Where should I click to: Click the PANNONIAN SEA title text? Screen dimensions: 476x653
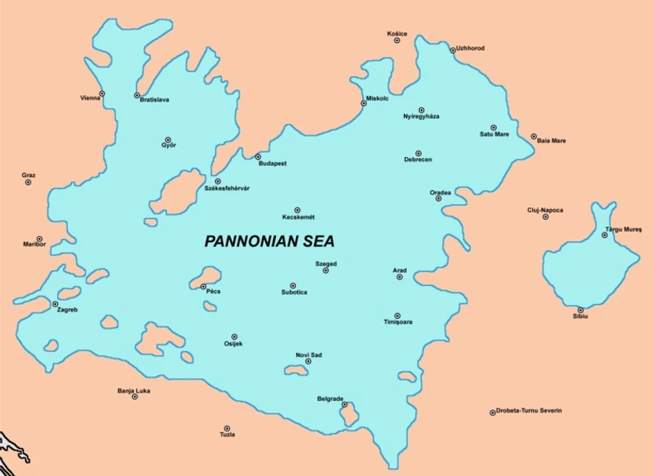[x=269, y=241]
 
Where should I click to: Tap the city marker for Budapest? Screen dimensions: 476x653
[x=258, y=157]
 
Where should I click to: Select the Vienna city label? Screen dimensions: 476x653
[x=90, y=98]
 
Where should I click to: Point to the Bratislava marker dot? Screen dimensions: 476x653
[x=137, y=95]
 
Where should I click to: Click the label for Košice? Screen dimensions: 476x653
[x=397, y=33]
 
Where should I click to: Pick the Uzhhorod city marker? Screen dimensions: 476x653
[x=453, y=50]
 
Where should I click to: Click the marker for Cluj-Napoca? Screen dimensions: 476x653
[x=546, y=217]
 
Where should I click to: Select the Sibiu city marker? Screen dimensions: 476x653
[x=580, y=310]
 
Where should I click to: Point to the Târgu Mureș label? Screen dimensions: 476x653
[x=623, y=228]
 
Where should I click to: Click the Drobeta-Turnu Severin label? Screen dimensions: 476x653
[x=529, y=411]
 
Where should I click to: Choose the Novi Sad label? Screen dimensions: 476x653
[x=308, y=355]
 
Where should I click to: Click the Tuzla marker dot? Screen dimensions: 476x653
[x=227, y=428]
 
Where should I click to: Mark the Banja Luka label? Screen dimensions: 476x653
[x=134, y=389]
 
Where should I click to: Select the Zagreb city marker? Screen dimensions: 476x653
[x=55, y=304]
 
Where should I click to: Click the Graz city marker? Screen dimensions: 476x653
[x=28, y=182]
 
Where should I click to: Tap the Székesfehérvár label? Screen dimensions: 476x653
[x=226, y=188]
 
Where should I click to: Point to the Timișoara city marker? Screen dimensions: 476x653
[x=398, y=316]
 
